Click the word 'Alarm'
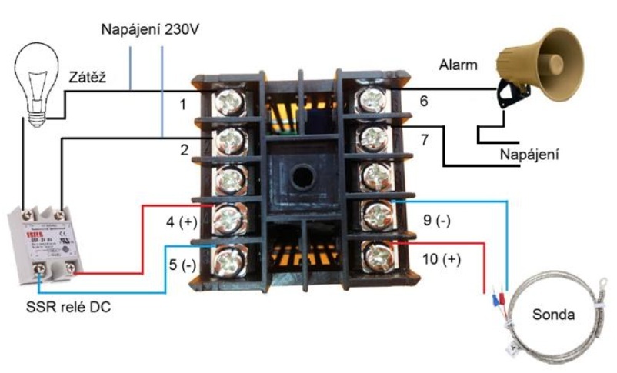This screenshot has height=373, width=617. click(458, 65)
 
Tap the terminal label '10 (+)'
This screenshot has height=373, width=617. click(441, 259)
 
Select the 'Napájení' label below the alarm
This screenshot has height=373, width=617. click(529, 155)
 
